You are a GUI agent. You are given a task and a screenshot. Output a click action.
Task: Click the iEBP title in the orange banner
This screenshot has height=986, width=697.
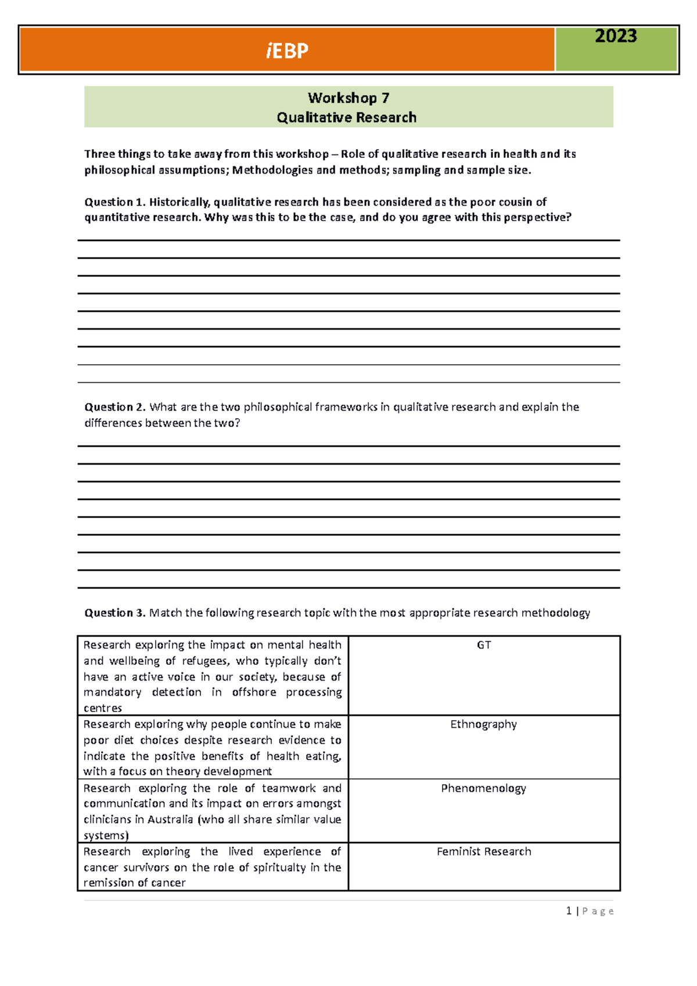click(x=287, y=51)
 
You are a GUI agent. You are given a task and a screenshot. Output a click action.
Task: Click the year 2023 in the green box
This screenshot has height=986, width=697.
click(x=616, y=37)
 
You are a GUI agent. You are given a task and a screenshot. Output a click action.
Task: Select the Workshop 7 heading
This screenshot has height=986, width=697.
click(x=348, y=98)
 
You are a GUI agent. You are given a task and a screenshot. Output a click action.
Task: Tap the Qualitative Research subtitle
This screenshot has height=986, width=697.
click(x=347, y=117)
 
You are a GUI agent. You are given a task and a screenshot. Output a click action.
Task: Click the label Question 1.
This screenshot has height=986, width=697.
click(x=114, y=202)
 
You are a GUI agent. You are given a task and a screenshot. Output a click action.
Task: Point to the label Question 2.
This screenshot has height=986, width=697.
click(x=114, y=407)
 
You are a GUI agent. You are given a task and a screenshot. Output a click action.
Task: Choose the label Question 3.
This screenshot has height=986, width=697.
click(x=114, y=613)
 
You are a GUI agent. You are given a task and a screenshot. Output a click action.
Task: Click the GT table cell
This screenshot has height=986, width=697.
click(x=484, y=645)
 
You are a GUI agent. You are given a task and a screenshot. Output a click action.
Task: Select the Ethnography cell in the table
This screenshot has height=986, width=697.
click(x=483, y=724)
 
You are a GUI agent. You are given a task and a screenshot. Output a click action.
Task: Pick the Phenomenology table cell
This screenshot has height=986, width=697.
click(x=483, y=788)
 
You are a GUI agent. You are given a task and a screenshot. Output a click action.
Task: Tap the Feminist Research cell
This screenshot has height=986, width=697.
click(x=484, y=851)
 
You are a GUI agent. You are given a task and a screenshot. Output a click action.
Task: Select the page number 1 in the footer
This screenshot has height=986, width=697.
click(x=569, y=911)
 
